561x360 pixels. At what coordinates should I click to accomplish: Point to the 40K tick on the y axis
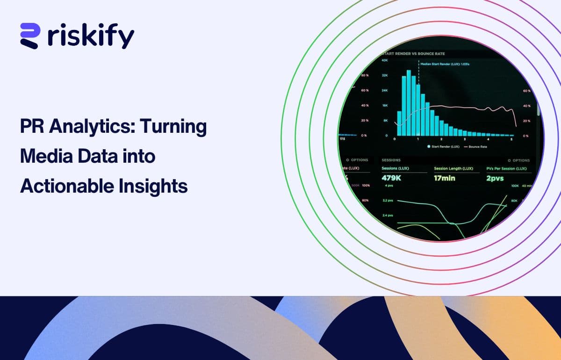click(384, 60)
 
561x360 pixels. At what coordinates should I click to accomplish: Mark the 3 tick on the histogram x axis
click(464, 139)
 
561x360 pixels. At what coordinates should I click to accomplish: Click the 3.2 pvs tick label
click(388, 201)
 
